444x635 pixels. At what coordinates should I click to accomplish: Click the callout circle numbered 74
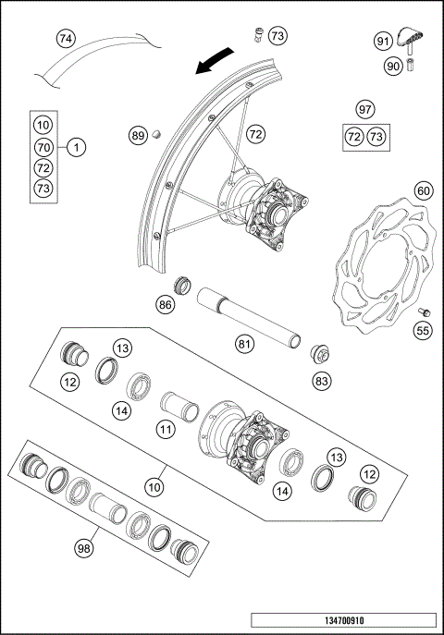click(x=65, y=40)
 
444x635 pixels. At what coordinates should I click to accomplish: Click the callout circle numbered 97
click(x=365, y=110)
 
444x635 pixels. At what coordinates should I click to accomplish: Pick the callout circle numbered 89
click(x=138, y=136)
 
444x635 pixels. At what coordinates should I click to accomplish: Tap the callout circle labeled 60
click(x=423, y=191)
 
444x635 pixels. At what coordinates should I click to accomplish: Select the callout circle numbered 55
click(x=423, y=329)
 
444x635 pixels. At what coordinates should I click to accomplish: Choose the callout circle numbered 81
click(x=244, y=344)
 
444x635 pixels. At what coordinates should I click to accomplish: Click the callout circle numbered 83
click(x=322, y=380)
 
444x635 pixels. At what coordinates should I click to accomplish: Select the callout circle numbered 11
click(x=165, y=429)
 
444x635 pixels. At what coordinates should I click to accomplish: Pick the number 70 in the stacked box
click(x=43, y=147)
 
